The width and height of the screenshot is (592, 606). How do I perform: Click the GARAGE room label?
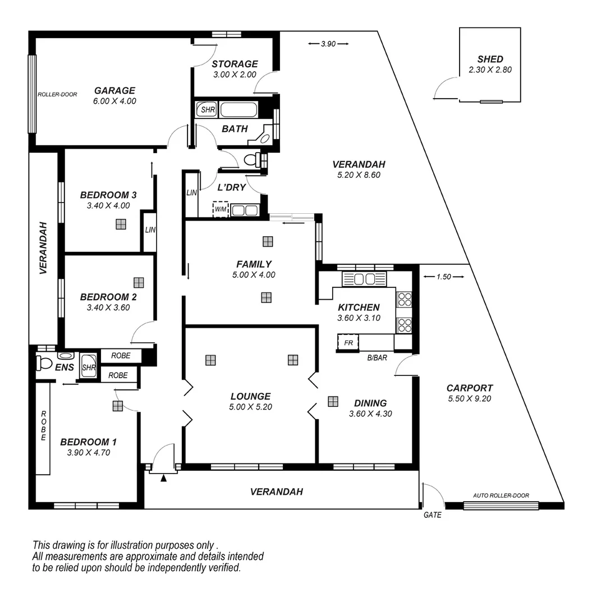click(114, 90)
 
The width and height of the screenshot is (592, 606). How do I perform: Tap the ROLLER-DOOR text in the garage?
click(57, 94)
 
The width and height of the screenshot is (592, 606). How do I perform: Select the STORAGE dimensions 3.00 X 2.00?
click(235, 75)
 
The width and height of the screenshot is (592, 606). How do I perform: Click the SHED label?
click(490, 59)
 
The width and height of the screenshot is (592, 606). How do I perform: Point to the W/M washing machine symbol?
click(221, 210)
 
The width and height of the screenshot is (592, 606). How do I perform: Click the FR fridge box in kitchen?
click(348, 342)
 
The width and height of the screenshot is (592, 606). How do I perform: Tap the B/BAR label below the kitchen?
click(377, 357)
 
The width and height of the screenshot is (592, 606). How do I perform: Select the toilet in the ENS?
click(44, 363)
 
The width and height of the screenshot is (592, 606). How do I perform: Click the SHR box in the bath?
click(208, 110)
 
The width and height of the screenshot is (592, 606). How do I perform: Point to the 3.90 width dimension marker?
click(328, 44)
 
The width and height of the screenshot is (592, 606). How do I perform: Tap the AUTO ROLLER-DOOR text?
click(501, 495)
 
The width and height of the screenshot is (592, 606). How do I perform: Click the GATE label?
click(433, 515)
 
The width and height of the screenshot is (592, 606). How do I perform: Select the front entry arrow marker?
click(163, 478)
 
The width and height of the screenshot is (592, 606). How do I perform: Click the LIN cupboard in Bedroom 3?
click(149, 231)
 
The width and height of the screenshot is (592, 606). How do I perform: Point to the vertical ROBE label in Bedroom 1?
click(43, 426)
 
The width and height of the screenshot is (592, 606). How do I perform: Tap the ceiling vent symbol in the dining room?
click(333, 401)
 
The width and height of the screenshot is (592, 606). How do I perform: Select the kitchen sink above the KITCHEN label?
click(365, 279)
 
